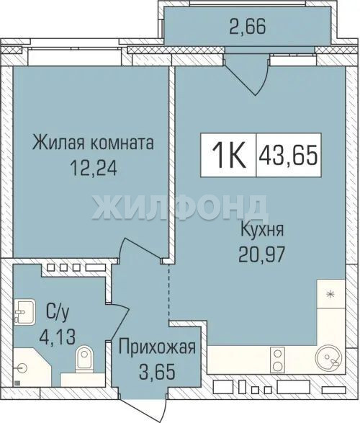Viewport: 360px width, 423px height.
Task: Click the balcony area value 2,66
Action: (x=248, y=27)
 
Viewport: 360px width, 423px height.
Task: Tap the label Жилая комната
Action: (x=93, y=143)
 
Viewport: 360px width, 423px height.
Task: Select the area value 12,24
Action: (x=93, y=168)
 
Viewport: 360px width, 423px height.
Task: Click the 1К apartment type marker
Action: (x=228, y=155)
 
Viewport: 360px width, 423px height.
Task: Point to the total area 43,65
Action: (x=288, y=155)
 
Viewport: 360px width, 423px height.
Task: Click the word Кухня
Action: (x=262, y=230)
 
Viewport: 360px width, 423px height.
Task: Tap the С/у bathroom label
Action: (x=58, y=313)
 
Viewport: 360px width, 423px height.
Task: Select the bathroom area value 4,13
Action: (x=57, y=337)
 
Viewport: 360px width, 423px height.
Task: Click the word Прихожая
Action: (x=157, y=347)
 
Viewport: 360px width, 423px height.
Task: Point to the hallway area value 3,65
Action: (x=157, y=371)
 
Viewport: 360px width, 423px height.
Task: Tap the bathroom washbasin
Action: (x=24, y=312)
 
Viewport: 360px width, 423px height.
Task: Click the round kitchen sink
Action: (x=329, y=360)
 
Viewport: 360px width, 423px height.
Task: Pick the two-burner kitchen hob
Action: (x=277, y=360)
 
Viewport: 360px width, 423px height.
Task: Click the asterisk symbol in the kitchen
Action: (x=329, y=294)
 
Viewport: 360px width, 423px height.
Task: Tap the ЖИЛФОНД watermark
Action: (x=180, y=208)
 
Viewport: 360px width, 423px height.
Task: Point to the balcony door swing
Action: (x=247, y=75)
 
